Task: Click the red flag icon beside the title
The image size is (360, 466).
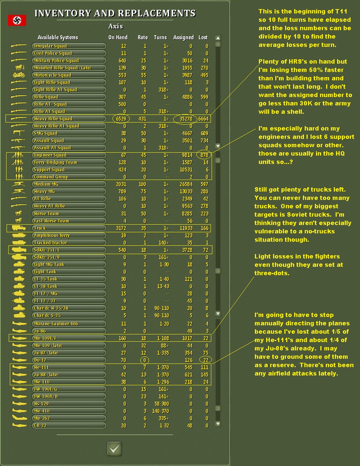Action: coord(17,20)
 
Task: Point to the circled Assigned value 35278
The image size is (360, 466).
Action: coord(185,119)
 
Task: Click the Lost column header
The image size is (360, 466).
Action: coord(203,37)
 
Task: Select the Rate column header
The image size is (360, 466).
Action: coord(143,37)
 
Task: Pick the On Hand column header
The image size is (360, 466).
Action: coord(118,37)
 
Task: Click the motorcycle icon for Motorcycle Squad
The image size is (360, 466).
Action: coord(19,75)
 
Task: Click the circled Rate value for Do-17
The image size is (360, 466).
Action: coord(144,360)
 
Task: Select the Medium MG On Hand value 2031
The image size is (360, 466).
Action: coord(121,184)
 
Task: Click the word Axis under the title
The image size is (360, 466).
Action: coord(116,26)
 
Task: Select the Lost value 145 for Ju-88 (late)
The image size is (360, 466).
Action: coord(204,375)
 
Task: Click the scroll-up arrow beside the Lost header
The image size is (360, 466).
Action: coord(218,38)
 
